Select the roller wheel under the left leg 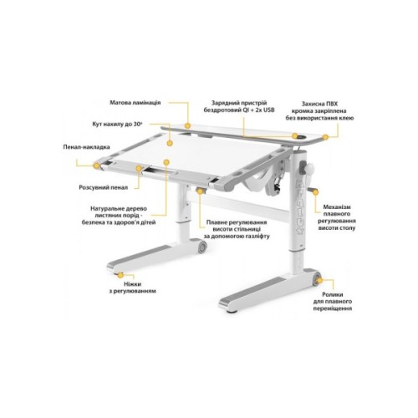pos(202,248)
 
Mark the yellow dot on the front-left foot pos(125,272)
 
